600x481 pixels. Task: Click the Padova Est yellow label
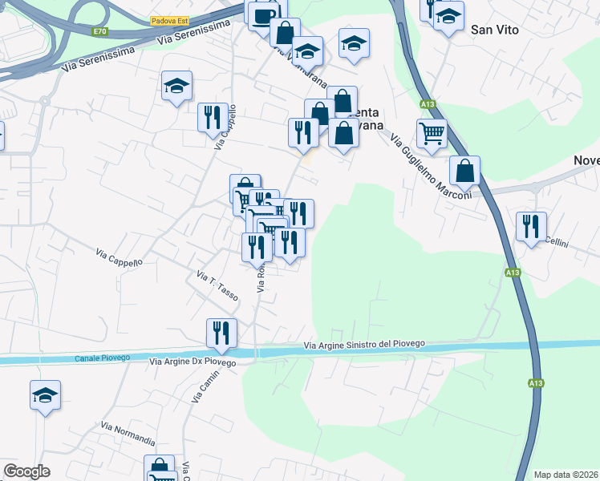[x=168, y=21]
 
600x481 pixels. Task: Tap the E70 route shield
[x=99, y=31]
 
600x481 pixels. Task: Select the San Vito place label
[x=495, y=30]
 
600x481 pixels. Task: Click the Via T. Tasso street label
[x=218, y=286]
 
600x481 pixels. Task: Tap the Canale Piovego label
[x=103, y=358]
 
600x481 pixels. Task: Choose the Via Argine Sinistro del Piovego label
[x=364, y=346]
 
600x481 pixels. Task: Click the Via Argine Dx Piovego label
[x=193, y=362]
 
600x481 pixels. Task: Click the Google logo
[x=26, y=471]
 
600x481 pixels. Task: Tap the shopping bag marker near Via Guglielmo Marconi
[x=464, y=170]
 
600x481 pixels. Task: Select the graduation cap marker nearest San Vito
[x=448, y=16]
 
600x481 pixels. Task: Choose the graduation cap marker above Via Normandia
[x=46, y=394]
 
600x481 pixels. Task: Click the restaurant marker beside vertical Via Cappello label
[x=213, y=117]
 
